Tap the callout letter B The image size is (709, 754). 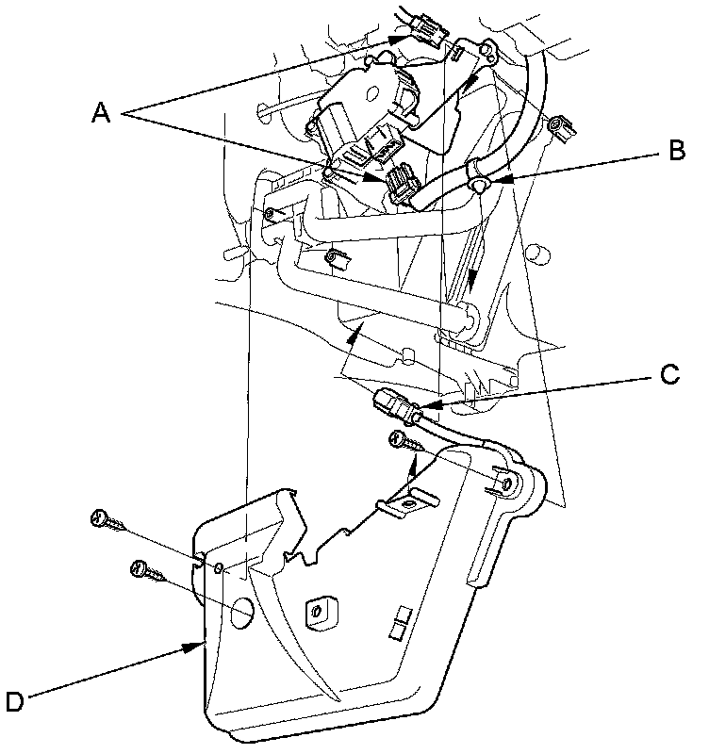click(676, 151)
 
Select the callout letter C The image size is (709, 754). click(668, 375)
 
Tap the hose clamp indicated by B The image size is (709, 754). click(478, 175)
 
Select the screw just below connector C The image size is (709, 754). click(400, 441)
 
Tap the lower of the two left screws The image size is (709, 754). click(144, 570)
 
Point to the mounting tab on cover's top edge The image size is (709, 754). click(404, 504)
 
